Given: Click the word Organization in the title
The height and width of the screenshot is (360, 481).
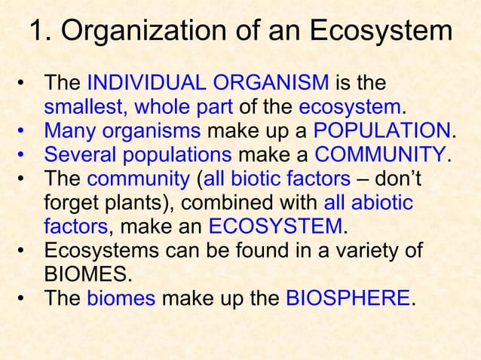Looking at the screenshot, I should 144,33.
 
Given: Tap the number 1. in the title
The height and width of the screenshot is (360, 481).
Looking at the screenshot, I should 39,32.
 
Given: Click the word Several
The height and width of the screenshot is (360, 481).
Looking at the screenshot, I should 74,155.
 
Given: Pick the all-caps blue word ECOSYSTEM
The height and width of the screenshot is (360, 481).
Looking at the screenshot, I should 275,227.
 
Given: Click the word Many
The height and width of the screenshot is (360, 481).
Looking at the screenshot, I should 69,131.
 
